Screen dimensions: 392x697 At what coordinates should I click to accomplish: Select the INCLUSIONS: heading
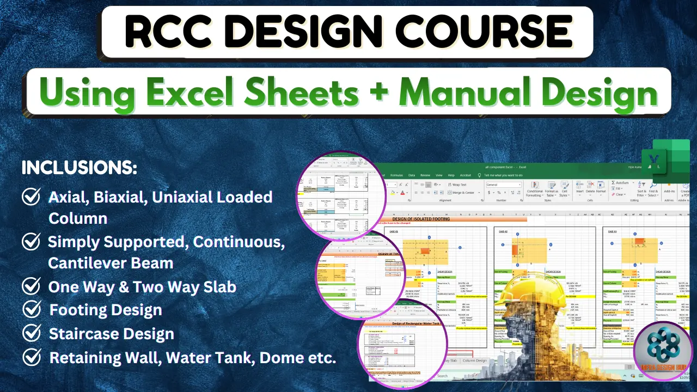coord(80,168)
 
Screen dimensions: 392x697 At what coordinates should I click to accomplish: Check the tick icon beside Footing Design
coord(32,310)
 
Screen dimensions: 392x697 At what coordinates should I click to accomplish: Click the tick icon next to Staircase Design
coord(32,333)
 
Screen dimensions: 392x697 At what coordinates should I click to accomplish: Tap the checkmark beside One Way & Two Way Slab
coord(32,286)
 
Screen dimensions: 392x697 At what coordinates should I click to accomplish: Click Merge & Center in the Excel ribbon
coord(463,193)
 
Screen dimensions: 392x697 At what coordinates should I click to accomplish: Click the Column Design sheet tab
coord(474,360)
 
